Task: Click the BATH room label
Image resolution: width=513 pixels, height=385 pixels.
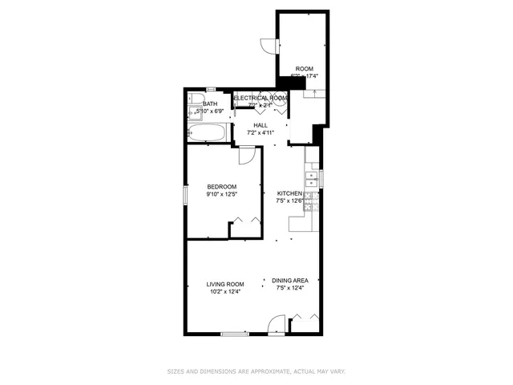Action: pyautogui.click(x=210, y=103)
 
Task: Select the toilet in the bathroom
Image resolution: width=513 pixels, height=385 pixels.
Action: pyautogui.click(x=196, y=101)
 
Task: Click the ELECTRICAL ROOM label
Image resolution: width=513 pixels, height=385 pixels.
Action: pyautogui.click(x=260, y=97)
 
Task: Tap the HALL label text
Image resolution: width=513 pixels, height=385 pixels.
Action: pyautogui.click(x=261, y=125)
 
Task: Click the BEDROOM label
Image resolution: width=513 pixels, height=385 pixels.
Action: pyautogui.click(x=220, y=186)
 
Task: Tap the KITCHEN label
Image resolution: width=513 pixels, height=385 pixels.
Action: pyautogui.click(x=289, y=193)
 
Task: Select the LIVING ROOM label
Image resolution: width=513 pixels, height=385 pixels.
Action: pyautogui.click(x=224, y=284)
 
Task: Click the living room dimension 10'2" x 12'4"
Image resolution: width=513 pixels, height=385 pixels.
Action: pyautogui.click(x=224, y=292)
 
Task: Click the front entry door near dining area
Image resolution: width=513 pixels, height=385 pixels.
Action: pyautogui.click(x=275, y=324)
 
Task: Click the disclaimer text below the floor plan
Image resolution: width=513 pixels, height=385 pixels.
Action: pyautogui.click(x=256, y=372)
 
